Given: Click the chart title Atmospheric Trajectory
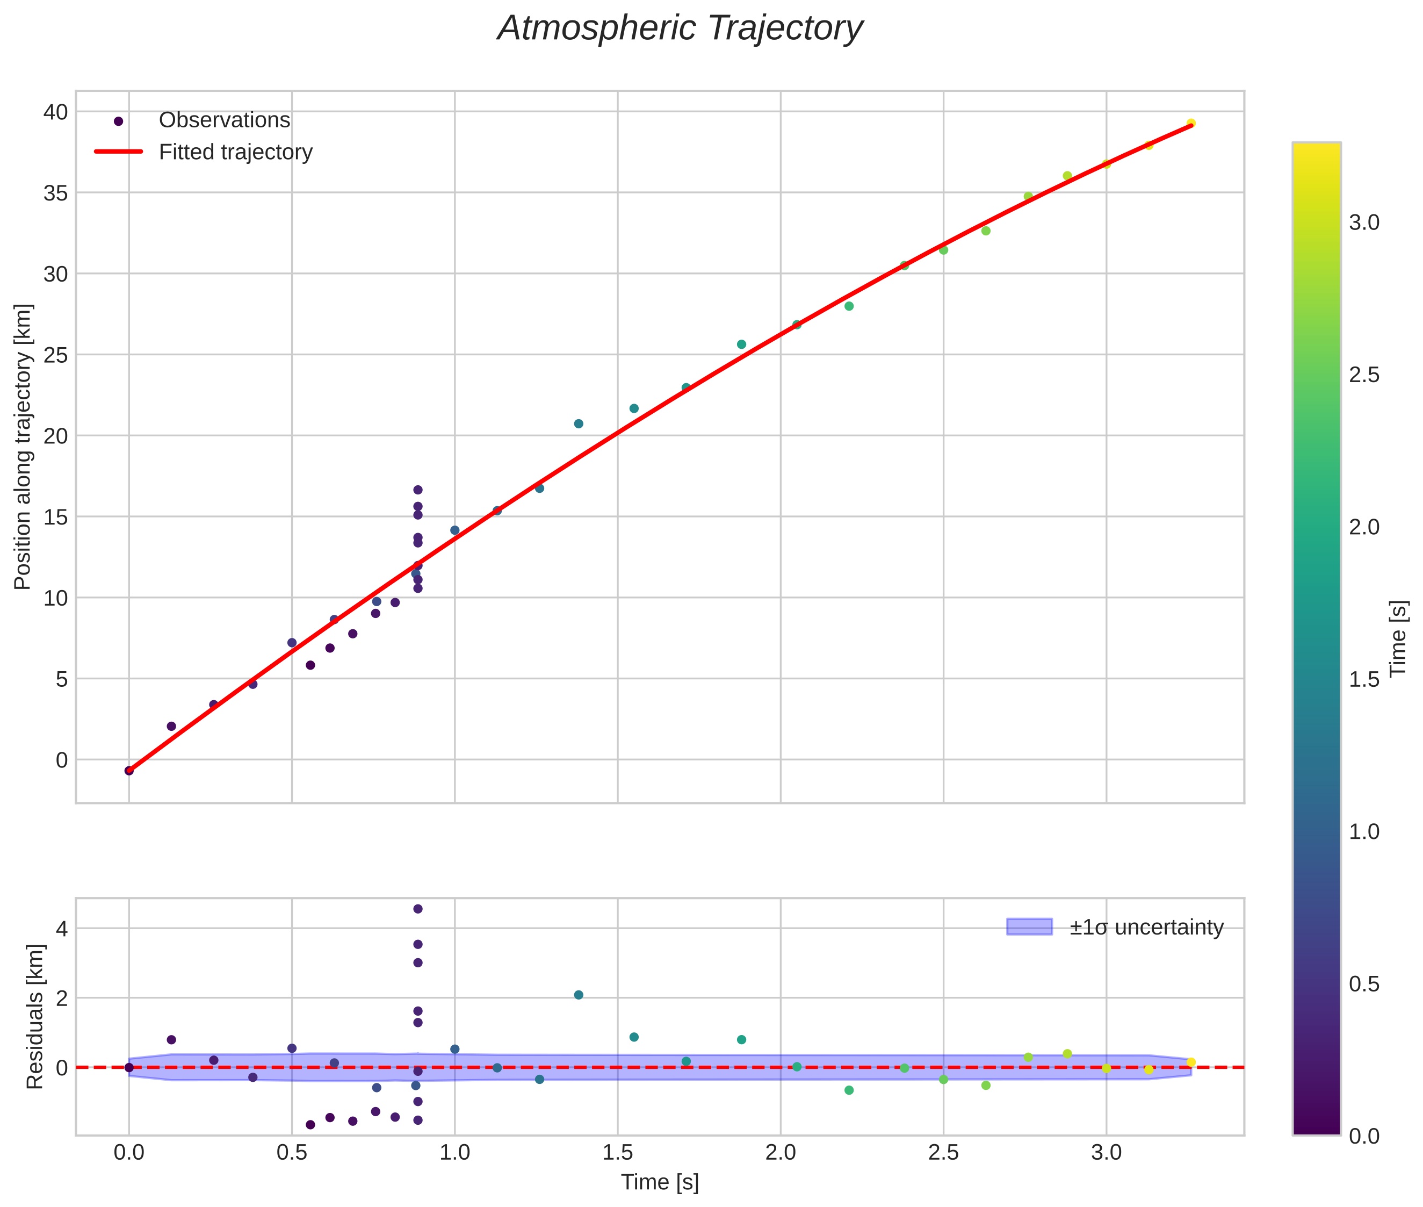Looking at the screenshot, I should [x=680, y=28].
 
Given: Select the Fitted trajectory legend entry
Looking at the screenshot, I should [x=235, y=152].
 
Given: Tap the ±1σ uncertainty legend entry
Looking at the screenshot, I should [x=1146, y=927].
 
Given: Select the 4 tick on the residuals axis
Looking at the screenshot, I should [x=60, y=929].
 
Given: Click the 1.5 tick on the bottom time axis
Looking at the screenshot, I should [x=617, y=1153].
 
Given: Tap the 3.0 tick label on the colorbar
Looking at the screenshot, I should [x=1364, y=223].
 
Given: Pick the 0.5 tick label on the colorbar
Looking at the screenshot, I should [x=1364, y=984].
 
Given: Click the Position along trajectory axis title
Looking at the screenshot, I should [x=23, y=446].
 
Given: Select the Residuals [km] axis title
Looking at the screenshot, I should [x=34, y=1017].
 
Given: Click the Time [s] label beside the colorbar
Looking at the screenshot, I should [x=1399, y=638].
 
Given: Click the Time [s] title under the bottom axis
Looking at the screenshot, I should [x=659, y=1182].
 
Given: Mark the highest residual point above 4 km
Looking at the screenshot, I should [x=418, y=909].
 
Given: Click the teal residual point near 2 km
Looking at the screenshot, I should [x=579, y=995].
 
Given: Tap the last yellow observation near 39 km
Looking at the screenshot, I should [x=1190, y=123].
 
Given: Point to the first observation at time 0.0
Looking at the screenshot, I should [x=128, y=771].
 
